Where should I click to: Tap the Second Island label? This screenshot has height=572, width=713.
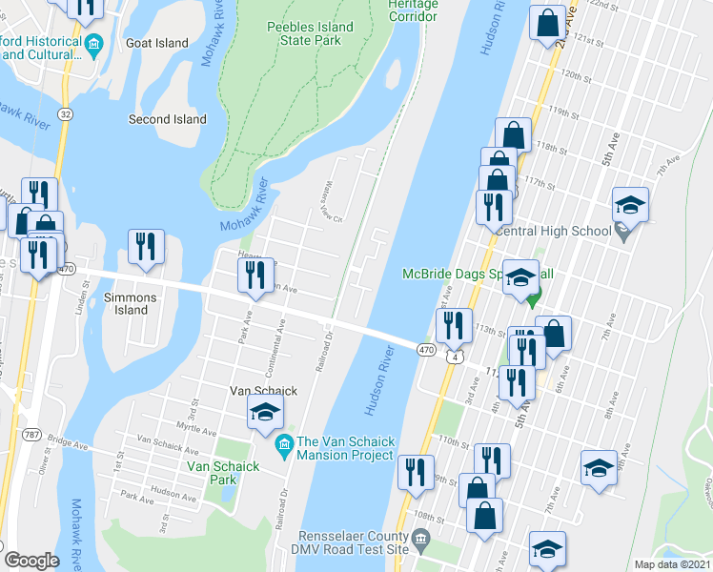pos(168,119)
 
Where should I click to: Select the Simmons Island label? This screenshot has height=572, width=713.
pos(132,303)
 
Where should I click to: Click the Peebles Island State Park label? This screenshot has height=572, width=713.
pos(310,35)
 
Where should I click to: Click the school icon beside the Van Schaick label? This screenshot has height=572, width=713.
pos(266,413)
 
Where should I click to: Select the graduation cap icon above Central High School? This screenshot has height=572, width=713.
pos(630,204)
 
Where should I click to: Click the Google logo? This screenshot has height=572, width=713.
pos(32,561)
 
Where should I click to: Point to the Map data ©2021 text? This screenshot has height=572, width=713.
pos(671,564)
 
